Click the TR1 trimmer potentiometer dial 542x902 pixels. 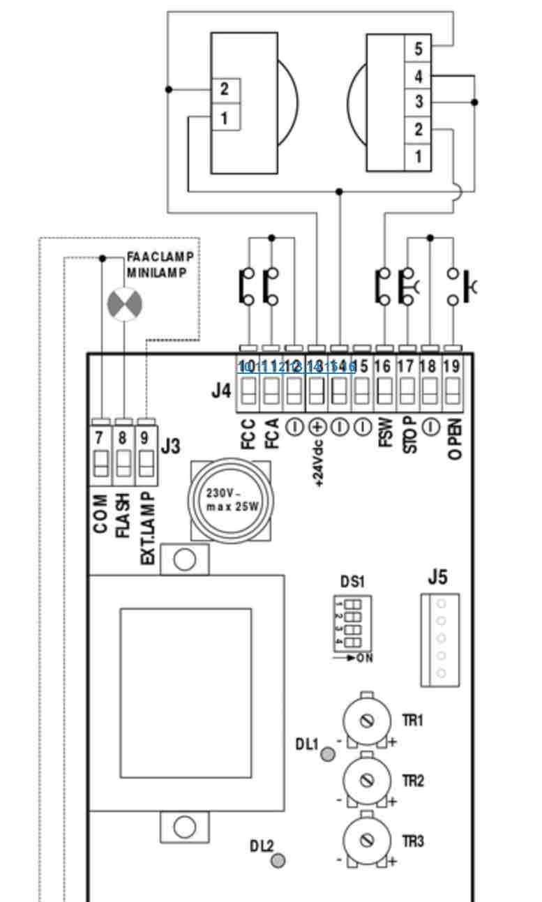[368, 721]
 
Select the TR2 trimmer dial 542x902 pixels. [368, 781]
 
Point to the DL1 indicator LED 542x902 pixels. [327, 753]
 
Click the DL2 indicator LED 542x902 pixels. [278, 861]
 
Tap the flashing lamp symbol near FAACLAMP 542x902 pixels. [124, 306]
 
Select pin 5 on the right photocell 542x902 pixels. [418, 50]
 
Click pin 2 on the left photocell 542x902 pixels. [224, 89]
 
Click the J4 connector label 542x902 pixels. [221, 391]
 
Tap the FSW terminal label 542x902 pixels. [384, 433]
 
